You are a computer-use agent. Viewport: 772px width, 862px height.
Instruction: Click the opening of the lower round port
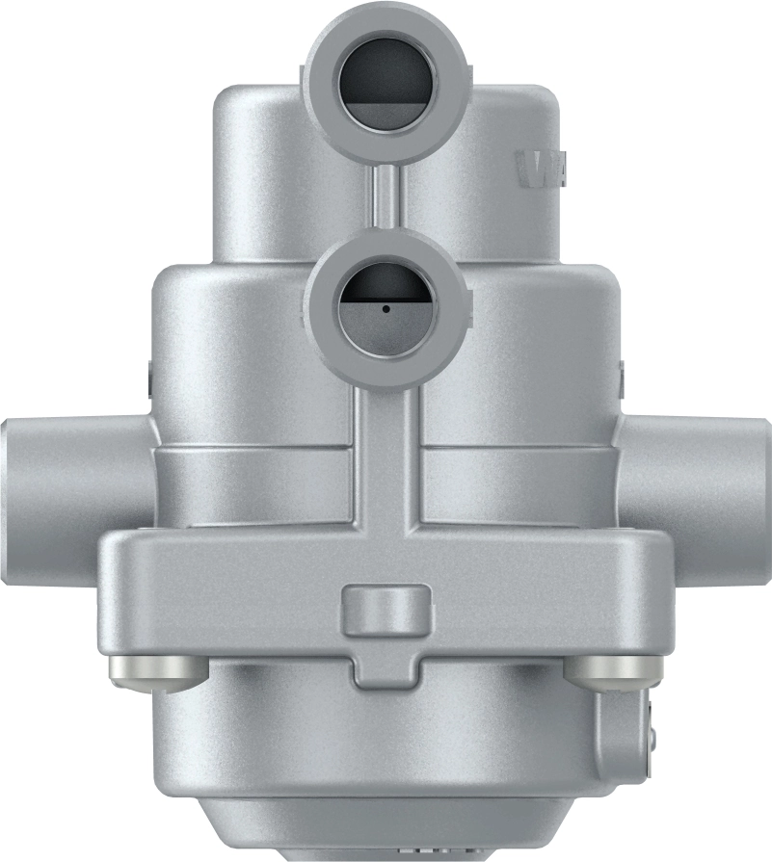point(385,304)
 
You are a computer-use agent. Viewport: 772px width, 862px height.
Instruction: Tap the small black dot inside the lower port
point(385,310)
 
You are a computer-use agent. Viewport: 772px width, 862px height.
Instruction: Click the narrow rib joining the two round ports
point(384,198)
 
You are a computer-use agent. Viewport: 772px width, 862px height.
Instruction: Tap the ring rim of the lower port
point(385,252)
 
